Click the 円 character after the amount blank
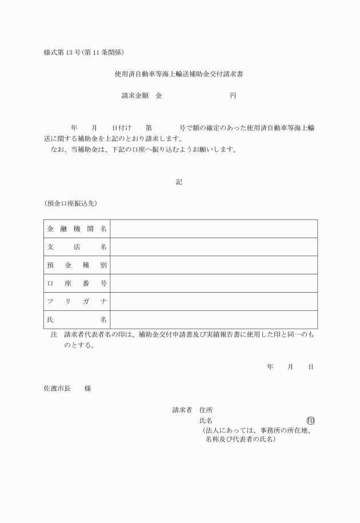click(233, 95)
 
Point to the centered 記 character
click(179, 182)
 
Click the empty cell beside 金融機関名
click(214, 229)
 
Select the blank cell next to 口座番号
click(214, 284)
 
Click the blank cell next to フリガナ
click(214, 301)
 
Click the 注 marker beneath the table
click(54, 336)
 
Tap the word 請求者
click(183, 410)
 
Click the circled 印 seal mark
click(310, 421)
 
